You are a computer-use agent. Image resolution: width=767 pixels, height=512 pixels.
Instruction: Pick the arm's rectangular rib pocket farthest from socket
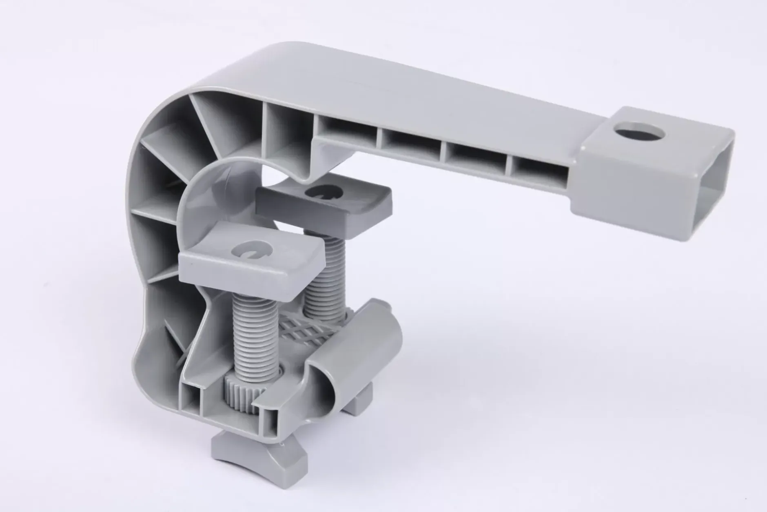click(347, 131)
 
